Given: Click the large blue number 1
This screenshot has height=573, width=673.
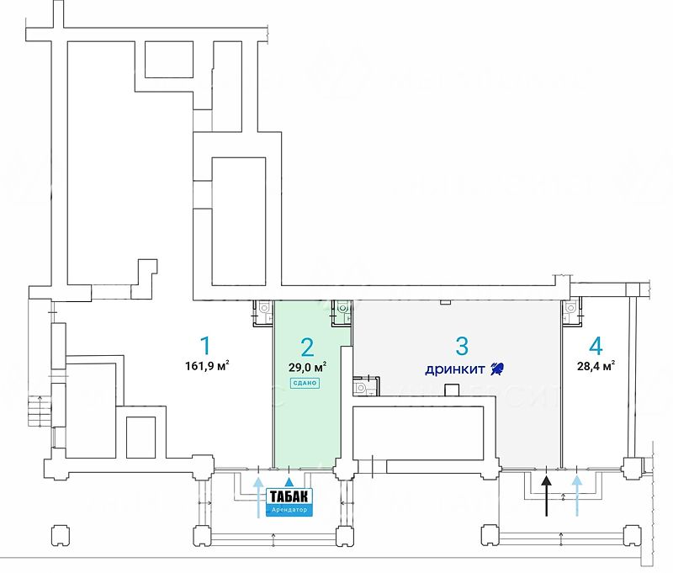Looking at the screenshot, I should tap(204, 345).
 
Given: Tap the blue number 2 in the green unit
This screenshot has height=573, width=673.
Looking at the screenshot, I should tap(308, 347).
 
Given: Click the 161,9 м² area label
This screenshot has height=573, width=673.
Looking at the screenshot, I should tap(207, 366).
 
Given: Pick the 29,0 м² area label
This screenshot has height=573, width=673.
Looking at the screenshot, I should tap(308, 367).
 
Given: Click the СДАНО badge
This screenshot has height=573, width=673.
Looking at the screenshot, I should tap(305, 383).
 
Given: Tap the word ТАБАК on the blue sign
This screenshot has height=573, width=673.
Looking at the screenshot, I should tap(289, 496).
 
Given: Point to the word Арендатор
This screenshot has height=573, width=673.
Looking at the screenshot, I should tap(289, 510).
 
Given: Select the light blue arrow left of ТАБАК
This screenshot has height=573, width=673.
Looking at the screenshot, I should tap(257, 496).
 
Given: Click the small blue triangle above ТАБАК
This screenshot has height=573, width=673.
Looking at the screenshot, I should tap(289, 481).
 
